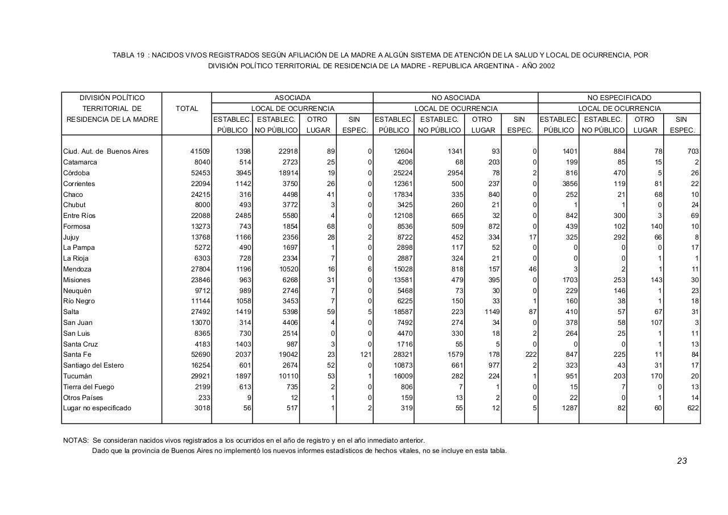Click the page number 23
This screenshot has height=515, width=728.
tap(682, 461)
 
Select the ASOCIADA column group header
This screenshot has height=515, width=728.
tap(292, 98)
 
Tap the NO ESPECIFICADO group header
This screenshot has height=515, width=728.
tap(619, 98)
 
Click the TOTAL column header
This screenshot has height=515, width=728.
tap(187, 109)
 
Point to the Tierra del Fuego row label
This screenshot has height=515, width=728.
tap(88, 387)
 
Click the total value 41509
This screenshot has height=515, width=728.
tap(200, 151)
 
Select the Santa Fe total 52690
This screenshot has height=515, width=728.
tap(200, 355)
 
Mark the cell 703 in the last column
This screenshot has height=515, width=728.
tap(693, 151)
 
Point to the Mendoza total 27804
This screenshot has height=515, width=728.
tap(200, 269)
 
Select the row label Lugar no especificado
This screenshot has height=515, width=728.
tap(97, 408)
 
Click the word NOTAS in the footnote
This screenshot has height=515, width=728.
tap(75, 440)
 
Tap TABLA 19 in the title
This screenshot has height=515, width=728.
tap(128, 55)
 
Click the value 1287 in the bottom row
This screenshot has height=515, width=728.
tap(568, 408)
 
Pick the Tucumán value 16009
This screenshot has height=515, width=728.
tap(401, 376)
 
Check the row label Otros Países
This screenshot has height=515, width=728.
tap(82, 398)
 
